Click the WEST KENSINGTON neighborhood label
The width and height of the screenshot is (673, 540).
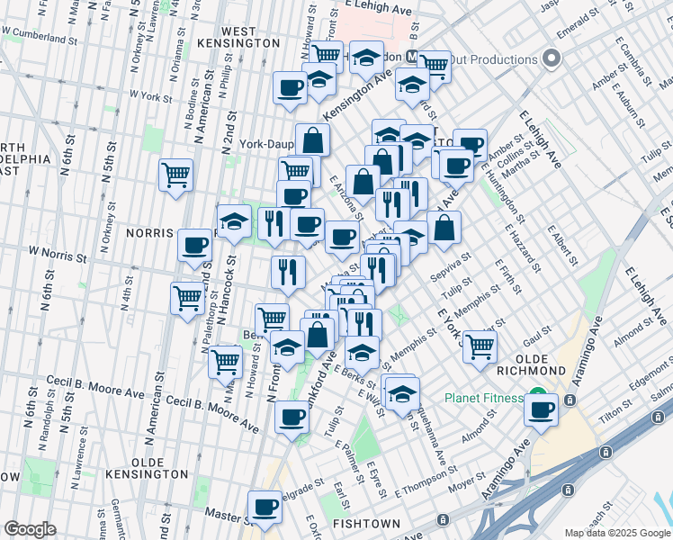(250, 37)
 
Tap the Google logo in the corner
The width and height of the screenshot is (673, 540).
(30, 529)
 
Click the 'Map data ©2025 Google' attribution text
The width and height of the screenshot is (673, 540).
(617, 533)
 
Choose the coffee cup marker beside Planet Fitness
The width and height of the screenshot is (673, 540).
(542, 409)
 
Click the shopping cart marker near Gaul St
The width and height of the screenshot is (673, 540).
(480, 344)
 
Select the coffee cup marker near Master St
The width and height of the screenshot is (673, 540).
(264, 506)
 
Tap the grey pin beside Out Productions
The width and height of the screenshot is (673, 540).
(552, 59)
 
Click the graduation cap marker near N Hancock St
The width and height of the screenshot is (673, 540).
(234, 221)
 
